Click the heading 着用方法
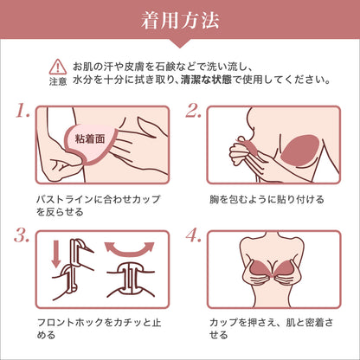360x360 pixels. tap(180, 21)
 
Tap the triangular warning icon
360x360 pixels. tap(58, 67)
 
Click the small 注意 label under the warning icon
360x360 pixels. tap(58, 81)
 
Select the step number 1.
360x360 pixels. tap(23, 112)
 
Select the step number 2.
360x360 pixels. tap(193, 112)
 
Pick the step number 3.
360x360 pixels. tap(22, 236)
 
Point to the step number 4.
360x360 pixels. tap(193, 236)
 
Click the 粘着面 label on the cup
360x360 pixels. tap(90, 139)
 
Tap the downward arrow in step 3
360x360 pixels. tap(56, 254)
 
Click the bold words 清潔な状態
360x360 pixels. tap(206, 80)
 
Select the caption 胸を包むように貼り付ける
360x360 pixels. tap(267, 199)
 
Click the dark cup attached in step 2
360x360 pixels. tap(300, 151)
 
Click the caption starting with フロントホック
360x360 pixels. tap(99, 329)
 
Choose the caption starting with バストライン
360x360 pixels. tap(98, 205)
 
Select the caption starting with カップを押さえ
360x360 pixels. tap(271, 329)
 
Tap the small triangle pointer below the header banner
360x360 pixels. tap(180, 43)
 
